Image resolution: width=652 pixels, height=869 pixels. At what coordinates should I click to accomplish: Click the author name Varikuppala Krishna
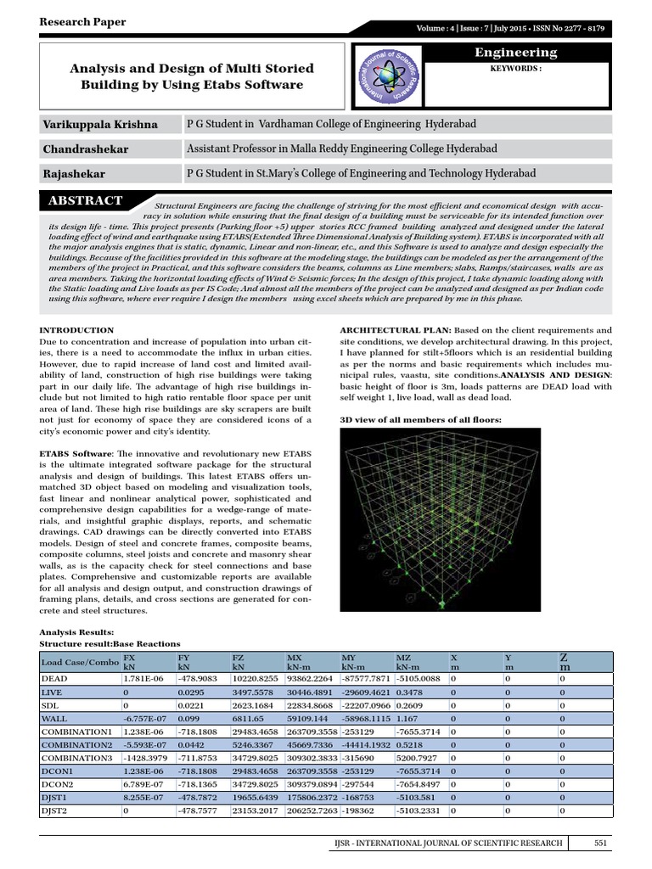point(100,125)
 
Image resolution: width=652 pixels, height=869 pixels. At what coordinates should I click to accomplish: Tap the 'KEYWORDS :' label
point(515,69)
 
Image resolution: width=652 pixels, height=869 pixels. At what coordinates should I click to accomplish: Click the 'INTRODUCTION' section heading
point(77,330)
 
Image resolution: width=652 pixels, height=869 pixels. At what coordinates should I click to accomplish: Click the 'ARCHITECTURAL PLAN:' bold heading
point(394,330)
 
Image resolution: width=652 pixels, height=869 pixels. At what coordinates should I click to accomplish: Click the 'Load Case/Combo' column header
point(81,662)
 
